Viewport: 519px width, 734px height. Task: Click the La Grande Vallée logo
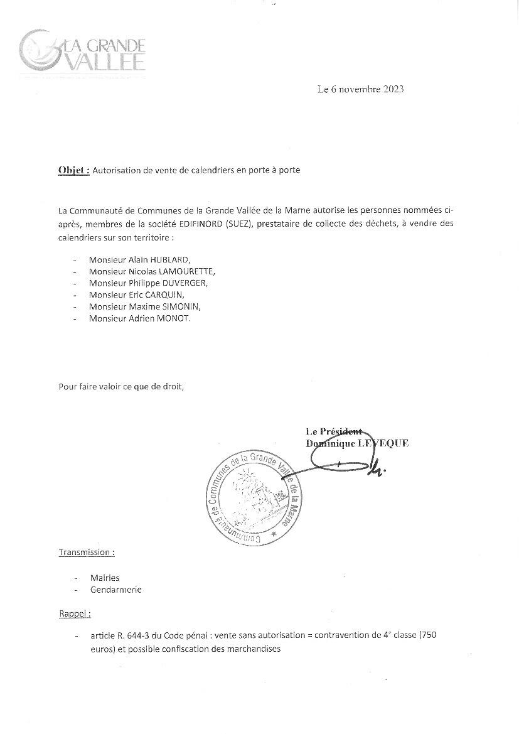click(83, 53)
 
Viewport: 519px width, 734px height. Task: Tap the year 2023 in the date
click(391, 89)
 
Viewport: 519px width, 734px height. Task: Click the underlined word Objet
click(73, 170)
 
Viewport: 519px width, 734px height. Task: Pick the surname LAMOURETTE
click(188, 271)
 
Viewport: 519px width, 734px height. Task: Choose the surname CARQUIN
click(164, 295)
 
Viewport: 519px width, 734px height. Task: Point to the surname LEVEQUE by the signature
click(384, 443)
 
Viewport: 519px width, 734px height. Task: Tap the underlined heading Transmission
click(86, 553)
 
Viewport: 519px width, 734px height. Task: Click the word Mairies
click(105, 578)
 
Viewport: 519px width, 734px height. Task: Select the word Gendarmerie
click(116, 590)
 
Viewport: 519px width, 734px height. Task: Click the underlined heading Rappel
click(75, 613)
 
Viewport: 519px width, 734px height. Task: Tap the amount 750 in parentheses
click(428, 635)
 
